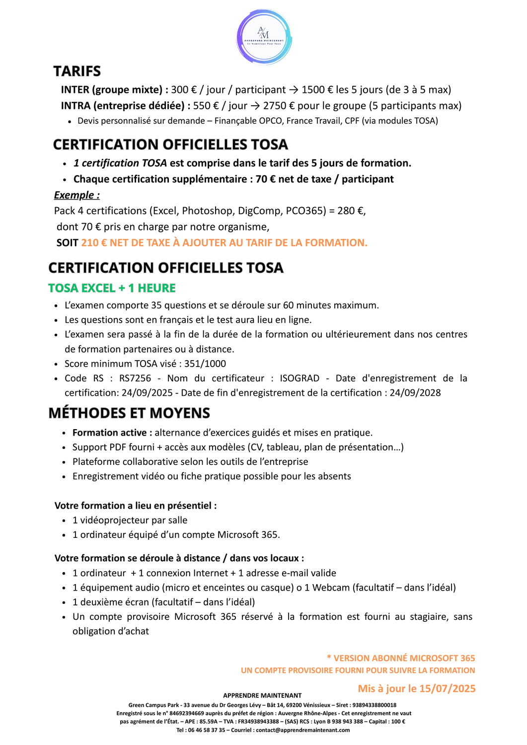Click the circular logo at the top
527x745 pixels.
coord(264,37)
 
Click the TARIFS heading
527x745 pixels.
coord(77,72)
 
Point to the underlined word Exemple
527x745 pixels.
coord(76,195)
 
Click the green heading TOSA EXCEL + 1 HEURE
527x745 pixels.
coord(112,288)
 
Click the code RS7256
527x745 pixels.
coord(135,378)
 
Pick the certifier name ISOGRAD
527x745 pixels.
coord(300,378)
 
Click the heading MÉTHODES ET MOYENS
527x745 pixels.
coord(129,413)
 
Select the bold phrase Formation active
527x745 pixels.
coord(109,433)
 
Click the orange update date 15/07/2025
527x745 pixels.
coord(447,689)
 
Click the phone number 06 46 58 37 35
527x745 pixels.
coord(206,730)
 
